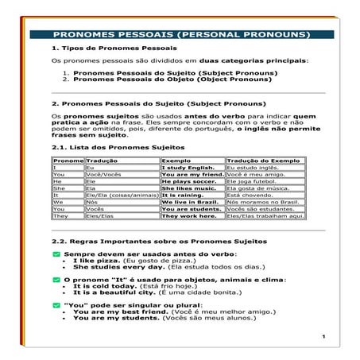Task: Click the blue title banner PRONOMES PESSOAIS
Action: pyautogui.click(x=180, y=36)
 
